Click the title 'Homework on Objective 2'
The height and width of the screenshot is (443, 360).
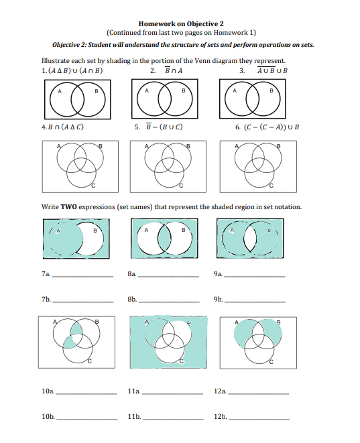pyautogui.click(x=180, y=23)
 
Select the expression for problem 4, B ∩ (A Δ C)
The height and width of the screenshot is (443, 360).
pyautogui.click(x=62, y=126)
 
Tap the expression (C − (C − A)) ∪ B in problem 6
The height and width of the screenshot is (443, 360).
pyautogui.click(x=266, y=126)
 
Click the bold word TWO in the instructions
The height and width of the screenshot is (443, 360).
pyautogui.click(x=68, y=207)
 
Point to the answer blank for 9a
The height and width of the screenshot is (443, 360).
pyautogui.click(x=253, y=275)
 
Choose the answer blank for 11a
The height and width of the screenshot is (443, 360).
pyautogui.click(x=172, y=390)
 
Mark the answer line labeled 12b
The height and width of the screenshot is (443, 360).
pyautogui.click(x=259, y=417)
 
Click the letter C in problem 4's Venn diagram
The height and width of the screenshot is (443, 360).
pyautogui.click(x=93, y=183)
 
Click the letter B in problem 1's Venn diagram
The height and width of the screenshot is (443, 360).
pyautogui.click(x=96, y=90)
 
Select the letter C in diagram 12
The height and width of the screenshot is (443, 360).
pyautogui.click(x=272, y=362)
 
